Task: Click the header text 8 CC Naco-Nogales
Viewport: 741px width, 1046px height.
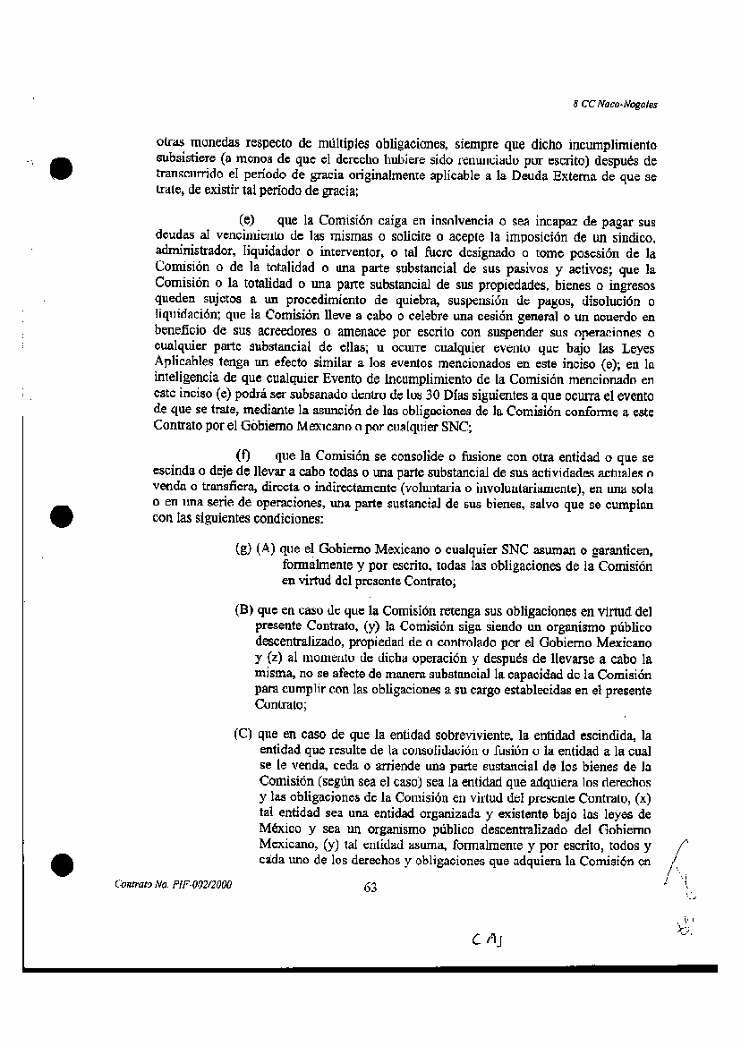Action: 615,105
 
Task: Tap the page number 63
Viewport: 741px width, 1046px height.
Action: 370,888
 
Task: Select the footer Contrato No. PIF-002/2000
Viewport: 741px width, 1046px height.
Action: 173,883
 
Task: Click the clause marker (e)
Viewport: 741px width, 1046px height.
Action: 248,219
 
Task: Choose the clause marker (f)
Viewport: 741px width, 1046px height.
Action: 242,456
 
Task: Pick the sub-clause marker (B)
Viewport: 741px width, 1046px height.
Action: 243,609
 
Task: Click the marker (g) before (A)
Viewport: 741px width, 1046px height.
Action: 243,548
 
